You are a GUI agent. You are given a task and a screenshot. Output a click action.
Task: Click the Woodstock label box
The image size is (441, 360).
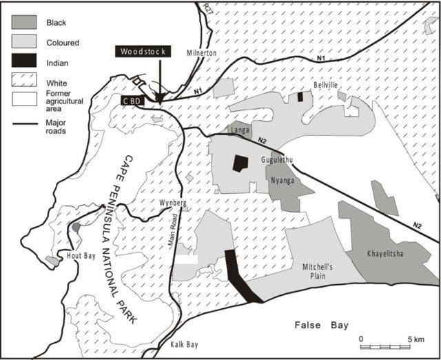pos(143,52)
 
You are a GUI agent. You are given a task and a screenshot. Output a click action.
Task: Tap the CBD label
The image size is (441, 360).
pos(133,100)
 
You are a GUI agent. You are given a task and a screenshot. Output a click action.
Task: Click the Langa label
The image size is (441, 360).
pos(239,129)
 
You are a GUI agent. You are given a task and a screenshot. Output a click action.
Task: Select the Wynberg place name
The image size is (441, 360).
pos(172,204)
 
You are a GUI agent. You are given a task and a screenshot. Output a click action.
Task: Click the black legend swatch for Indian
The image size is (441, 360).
pos(24,60)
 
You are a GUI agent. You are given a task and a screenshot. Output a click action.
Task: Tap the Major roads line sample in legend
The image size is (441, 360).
pos(24,125)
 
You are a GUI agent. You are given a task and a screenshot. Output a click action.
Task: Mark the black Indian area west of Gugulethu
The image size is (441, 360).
pos(239,163)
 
